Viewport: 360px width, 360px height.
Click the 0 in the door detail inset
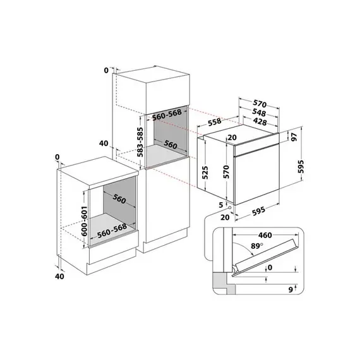click(x=270, y=268)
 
